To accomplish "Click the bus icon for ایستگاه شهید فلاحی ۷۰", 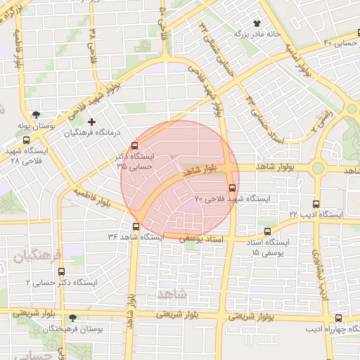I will pyautogui.click(x=233, y=187).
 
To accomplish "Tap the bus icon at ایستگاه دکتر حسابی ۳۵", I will pyautogui.click(x=135, y=146).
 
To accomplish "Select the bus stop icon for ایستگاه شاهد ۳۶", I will pyautogui.click(x=136, y=226).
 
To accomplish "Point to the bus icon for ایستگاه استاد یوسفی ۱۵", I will pyautogui.click(x=267, y=230).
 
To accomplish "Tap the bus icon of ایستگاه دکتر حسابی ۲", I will pyautogui.click(x=61, y=271).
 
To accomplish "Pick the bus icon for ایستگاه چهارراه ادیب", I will pyautogui.click(x=338, y=318).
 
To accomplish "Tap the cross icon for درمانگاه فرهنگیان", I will pyautogui.click(x=91, y=121).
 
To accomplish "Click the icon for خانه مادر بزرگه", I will pyautogui.click(x=266, y=23).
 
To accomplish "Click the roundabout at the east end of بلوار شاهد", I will pyautogui.click(x=318, y=168).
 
